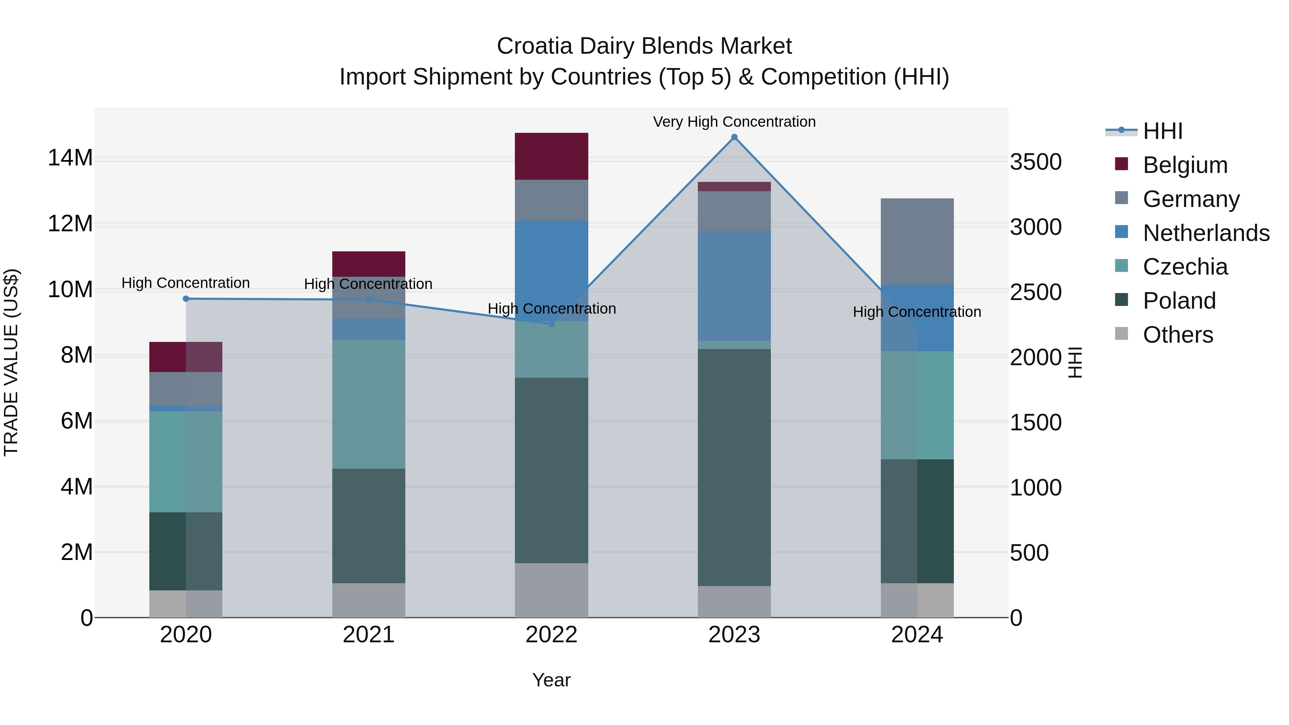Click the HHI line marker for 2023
point(734,137)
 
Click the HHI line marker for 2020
point(185,299)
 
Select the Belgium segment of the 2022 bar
point(551,156)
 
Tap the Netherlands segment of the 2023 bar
point(734,286)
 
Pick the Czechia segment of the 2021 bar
point(368,404)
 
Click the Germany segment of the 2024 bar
point(917,241)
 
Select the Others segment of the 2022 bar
point(551,590)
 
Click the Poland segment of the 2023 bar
point(734,467)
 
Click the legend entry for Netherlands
point(1206,233)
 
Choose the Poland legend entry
point(1179,301)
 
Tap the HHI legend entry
point(1162,131)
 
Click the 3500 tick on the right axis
point(1035,162)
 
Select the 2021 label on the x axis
point(368,635)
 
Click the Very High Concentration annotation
point(734,122)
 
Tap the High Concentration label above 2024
point(917,312)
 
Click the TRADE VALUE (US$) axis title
point(11,362)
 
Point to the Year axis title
point(551,680)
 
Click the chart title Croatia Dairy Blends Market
point(644,46)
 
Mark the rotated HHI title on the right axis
point(1075,362)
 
